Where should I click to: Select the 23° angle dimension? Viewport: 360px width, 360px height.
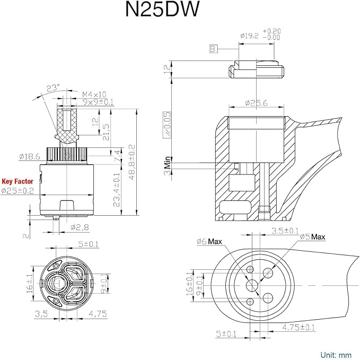tap(52, 87)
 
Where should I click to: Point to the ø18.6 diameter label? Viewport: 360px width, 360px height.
tap(30, 156)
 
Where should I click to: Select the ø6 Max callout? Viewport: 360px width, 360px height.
tap(208, 242)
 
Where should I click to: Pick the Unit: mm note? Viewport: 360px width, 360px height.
tap(336, 354)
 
